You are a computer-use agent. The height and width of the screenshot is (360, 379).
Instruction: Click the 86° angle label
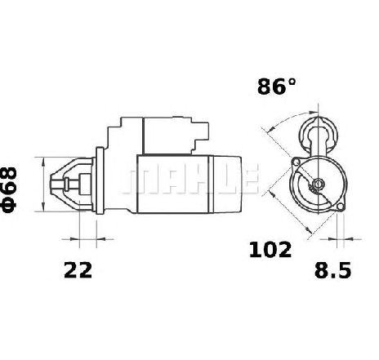coord(276,87)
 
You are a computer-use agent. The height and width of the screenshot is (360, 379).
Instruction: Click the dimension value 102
coord(270,250)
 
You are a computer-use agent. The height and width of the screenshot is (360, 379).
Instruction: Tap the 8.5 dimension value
coord(332,270)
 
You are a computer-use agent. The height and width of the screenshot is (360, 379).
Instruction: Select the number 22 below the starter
coord(78,269)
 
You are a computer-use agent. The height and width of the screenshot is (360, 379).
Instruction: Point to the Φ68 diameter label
coord(9,189)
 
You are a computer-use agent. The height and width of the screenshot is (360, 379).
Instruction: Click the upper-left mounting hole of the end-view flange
coord(296,162)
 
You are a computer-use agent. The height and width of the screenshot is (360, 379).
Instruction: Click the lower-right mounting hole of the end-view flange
coord(341,207)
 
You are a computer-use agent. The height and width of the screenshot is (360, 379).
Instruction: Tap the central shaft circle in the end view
coord(318,184)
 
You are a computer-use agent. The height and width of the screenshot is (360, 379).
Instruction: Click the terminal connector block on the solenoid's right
coord(201,136)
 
